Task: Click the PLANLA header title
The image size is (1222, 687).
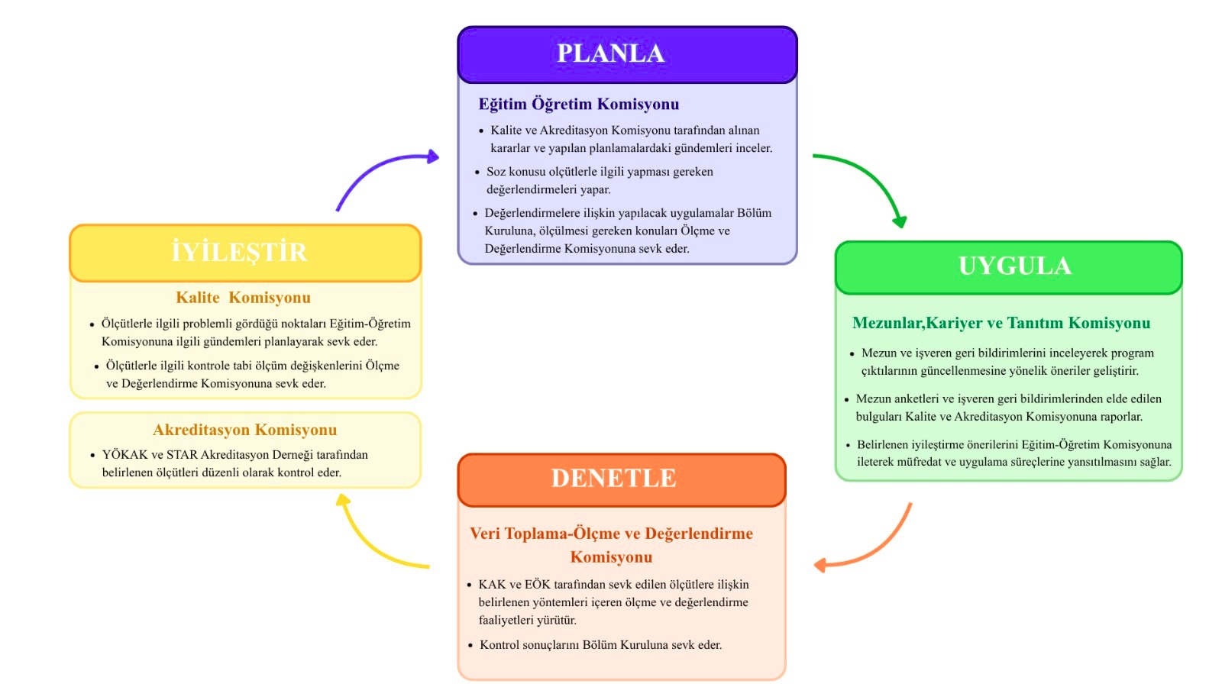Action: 611,53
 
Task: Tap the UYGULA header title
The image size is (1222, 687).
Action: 1015,266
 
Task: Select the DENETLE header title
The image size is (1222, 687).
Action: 613,478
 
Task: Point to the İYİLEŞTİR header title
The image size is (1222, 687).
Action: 239,252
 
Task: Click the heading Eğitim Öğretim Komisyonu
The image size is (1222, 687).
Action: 578,104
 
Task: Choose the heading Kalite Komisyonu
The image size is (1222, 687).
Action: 243,298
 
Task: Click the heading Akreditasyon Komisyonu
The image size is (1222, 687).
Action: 244,430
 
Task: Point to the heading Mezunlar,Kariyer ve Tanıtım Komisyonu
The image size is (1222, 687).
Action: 1001,323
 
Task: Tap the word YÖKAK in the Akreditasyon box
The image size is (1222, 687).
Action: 124,455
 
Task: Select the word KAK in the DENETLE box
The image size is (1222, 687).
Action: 492,585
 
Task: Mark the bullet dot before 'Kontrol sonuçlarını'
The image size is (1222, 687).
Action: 470,646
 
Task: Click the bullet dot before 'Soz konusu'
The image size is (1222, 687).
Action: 477,173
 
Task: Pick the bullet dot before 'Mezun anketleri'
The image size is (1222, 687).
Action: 847,399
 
